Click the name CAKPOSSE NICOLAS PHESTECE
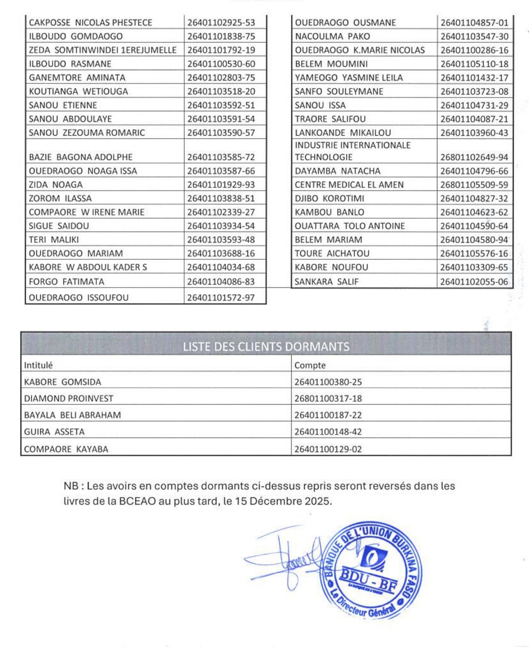click(90, 23)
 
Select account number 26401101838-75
click(221, 36)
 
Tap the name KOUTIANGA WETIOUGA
click(78, 92)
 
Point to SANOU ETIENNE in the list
click(63, 105)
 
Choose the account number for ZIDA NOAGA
click(221, 185)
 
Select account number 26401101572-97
click(221, 298)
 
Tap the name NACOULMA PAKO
click(332, 36)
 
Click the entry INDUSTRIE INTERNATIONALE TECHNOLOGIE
click(352, 151)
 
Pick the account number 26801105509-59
click(474, 185)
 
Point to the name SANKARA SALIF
click(326, 282)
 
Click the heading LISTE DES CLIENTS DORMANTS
click(266, 347)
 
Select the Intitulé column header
click(39, 366)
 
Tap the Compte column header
click(310, 366)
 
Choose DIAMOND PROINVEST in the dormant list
click(69, 399)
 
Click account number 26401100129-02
click(328, 449)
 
